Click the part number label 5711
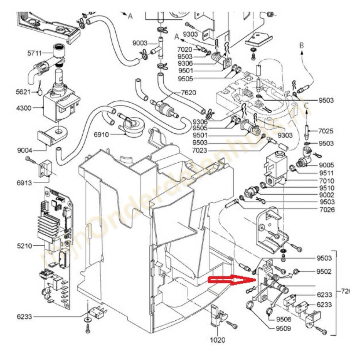(34, 53)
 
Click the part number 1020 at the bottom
(217, 340)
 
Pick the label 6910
(101, 135)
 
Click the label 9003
(140, 43)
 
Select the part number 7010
(326, 181)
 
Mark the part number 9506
(283, 319)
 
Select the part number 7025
(326, 131)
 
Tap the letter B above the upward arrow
(301, 45)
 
